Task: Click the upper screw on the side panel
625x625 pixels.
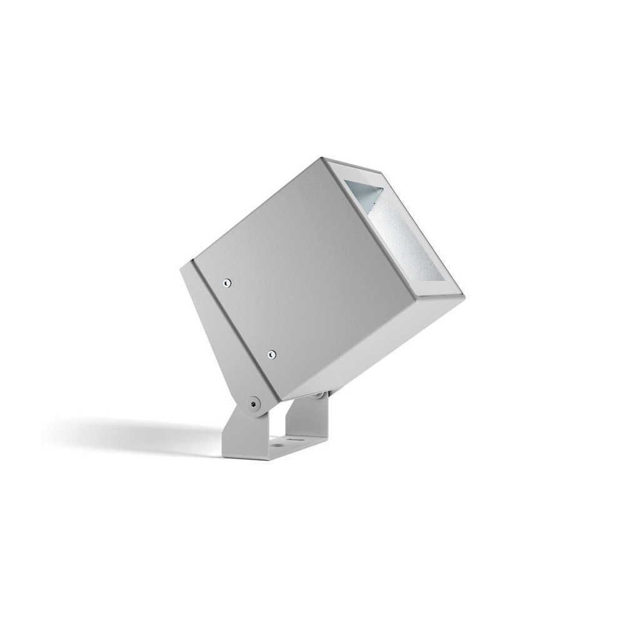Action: (x=227, y=283)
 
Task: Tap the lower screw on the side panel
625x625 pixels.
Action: (x=271, y=354)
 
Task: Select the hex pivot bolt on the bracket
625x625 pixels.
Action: (x=253, y=404)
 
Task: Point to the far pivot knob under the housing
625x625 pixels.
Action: (x=320, y=395)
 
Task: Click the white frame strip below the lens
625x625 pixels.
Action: (x=437, y=289)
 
